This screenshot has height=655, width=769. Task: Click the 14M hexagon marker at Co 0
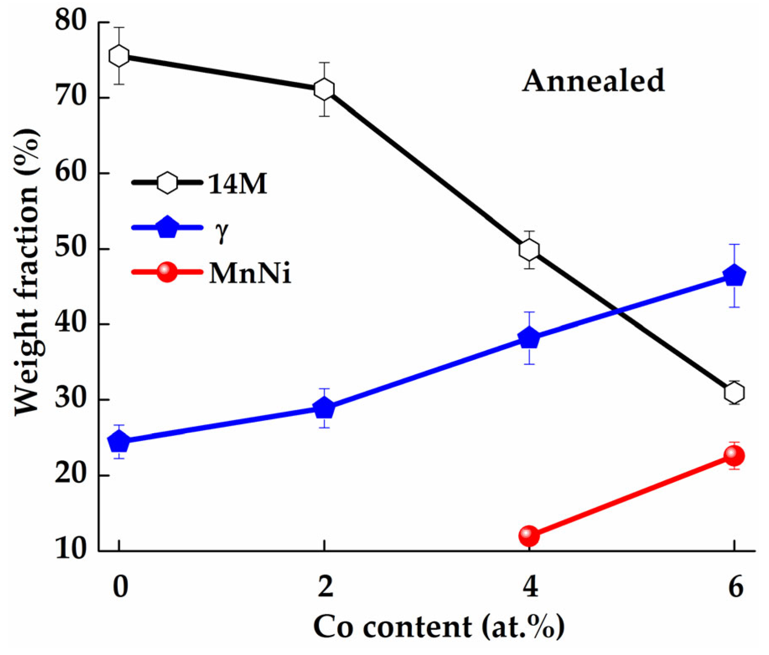119,56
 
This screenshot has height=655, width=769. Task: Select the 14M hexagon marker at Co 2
324,89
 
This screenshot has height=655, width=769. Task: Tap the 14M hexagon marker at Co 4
529,250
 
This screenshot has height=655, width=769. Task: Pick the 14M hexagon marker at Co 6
734,393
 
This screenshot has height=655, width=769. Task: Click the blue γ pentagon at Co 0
119,441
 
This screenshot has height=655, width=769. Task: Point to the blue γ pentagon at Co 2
324,408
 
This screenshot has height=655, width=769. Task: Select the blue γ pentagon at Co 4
529,338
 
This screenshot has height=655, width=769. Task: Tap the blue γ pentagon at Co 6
735,276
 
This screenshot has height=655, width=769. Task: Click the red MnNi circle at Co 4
529,536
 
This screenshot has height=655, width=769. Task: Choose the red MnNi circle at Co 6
734,456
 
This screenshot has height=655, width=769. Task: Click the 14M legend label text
237,184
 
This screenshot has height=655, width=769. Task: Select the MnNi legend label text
250,273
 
